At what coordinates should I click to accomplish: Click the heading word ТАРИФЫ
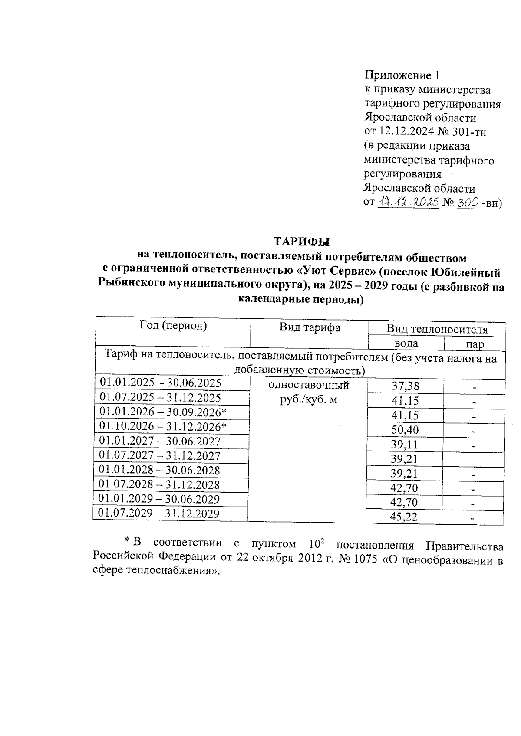pos(301,242)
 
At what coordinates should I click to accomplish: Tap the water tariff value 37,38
pos(405,386)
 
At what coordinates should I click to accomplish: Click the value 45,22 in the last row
pos(403,517)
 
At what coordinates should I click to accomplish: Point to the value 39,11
pos(404,445)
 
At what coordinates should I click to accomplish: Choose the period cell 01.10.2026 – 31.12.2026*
pos(163,427)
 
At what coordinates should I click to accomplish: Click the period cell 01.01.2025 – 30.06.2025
pos(161,383)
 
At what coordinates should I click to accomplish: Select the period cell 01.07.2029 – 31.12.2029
pos(159,514)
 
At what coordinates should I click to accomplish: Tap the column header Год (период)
pos(173,326)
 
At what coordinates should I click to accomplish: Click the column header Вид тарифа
pos(310,328)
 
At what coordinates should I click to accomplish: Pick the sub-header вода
pos(406,343)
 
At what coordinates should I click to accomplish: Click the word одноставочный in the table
pos(309,385)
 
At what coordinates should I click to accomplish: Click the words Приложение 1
pos(402,75)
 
